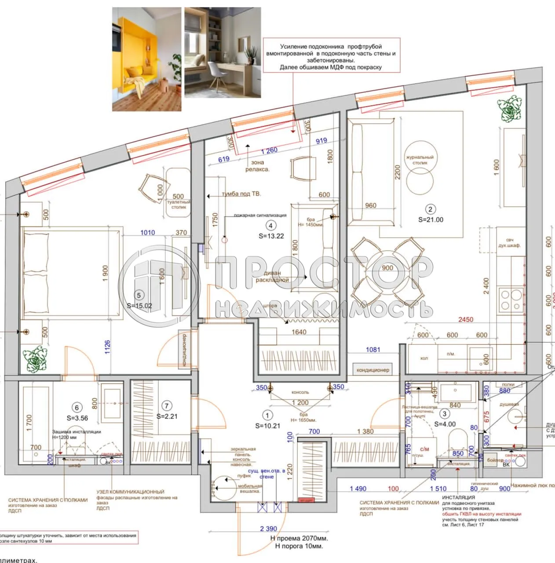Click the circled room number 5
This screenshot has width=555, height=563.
139,296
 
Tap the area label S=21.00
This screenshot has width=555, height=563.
431,220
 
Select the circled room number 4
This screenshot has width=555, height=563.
271,226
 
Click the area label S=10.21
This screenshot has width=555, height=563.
267,426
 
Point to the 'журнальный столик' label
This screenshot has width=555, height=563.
420,160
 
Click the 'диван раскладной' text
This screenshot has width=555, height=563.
272,276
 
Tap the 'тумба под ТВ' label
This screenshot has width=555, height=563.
241,194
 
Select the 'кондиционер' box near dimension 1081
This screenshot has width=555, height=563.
372,370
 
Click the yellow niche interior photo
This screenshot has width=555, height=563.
146,58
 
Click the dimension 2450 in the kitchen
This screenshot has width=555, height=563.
466,319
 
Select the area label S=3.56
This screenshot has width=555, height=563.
77,418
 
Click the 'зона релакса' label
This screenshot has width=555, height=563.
257,166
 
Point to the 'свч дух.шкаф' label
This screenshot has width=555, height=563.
509,243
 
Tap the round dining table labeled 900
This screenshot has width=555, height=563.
387,268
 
